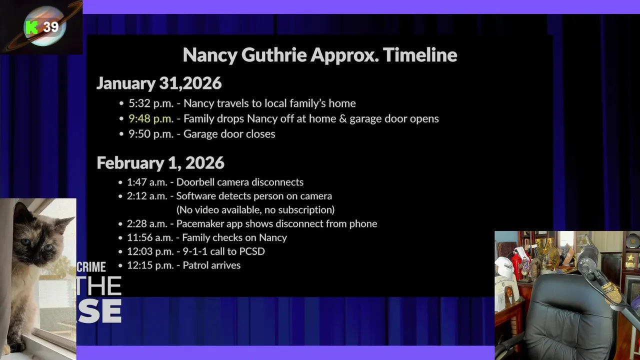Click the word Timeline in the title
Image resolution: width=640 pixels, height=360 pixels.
tap(420, 54)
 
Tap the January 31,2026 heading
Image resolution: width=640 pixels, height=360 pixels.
tap(159, 83)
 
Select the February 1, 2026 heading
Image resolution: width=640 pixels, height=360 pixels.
tap(160, 163)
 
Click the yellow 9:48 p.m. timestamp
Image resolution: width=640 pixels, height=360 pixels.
tap(151, 118)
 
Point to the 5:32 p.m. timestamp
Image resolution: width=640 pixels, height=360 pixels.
tap(151, 103)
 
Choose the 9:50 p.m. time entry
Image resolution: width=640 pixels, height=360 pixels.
tap(151, 134)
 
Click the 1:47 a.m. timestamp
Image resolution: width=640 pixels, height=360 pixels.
tap(147, 182)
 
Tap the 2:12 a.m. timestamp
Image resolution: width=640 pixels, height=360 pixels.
tap(147, 196)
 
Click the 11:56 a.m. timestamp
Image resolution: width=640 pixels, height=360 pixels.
tap(149, 237)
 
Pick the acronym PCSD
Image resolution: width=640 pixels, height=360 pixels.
tap(252, 251)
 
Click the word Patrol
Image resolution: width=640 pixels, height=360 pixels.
tap(196, 265)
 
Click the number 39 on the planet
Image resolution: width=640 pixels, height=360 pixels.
tap(51, 27)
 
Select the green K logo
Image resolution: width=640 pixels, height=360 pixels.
tap(31, 27)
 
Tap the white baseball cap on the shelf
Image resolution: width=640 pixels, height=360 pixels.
tap(505, 267)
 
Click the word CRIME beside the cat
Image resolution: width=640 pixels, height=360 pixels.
tap(91, 267)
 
